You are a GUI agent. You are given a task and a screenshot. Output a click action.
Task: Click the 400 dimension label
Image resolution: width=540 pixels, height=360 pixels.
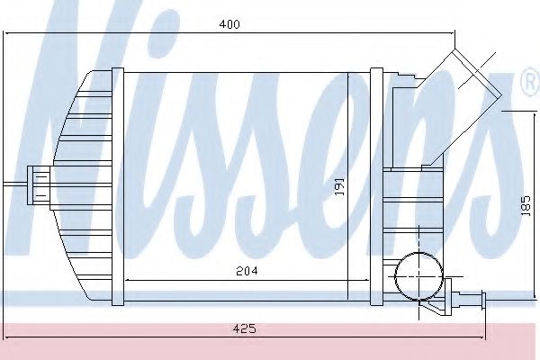(x=230, y=25)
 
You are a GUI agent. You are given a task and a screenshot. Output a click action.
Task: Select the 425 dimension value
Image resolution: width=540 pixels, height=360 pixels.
(x=243, y=329)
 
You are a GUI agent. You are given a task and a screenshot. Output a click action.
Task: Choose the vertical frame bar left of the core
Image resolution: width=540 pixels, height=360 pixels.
(x=116, y=184)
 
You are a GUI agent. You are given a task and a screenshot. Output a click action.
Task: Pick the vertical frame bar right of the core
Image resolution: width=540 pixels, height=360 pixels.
(x=376, y=184)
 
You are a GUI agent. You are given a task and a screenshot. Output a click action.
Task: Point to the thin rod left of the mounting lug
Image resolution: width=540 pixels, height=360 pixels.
(x=13, y=184)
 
